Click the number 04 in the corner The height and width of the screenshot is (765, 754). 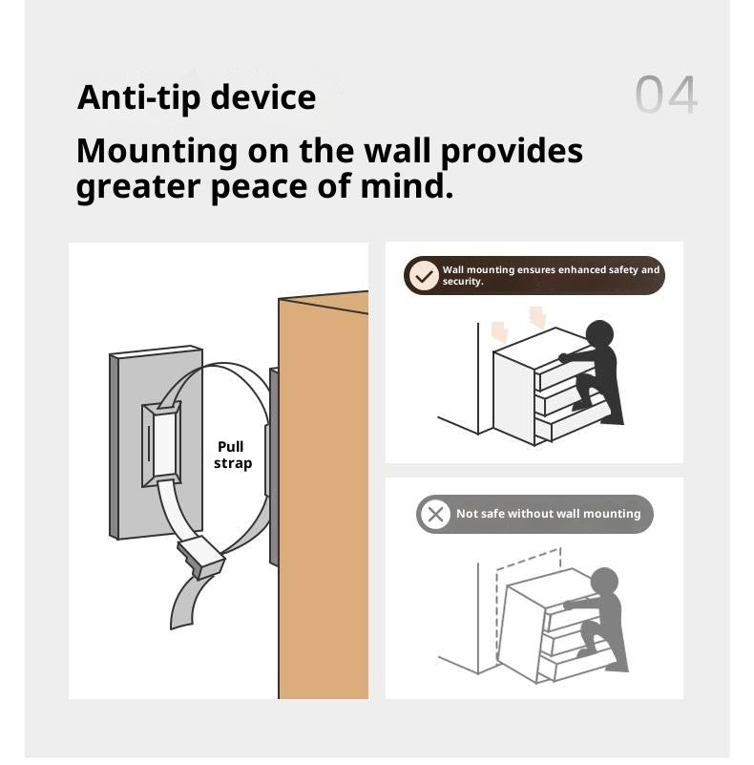click(666, 95)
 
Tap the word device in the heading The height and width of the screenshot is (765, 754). click(263, 97)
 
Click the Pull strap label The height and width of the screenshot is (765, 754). click(233, 455)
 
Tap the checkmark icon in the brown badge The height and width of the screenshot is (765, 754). click(424, 276)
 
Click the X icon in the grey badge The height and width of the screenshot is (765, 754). click(435, 514)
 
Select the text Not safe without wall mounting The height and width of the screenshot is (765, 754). click(548, 514)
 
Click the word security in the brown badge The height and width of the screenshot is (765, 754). click(462, 282)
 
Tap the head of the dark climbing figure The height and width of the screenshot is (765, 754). click(599, 334)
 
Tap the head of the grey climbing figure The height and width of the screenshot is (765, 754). click(605, 582)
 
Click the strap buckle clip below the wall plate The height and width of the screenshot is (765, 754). click(201, 557)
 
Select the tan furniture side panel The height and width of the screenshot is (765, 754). click(323, 498)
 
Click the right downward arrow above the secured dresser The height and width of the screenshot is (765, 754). click(537, 317)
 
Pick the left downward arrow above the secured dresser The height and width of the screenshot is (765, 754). click(500, 332)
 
